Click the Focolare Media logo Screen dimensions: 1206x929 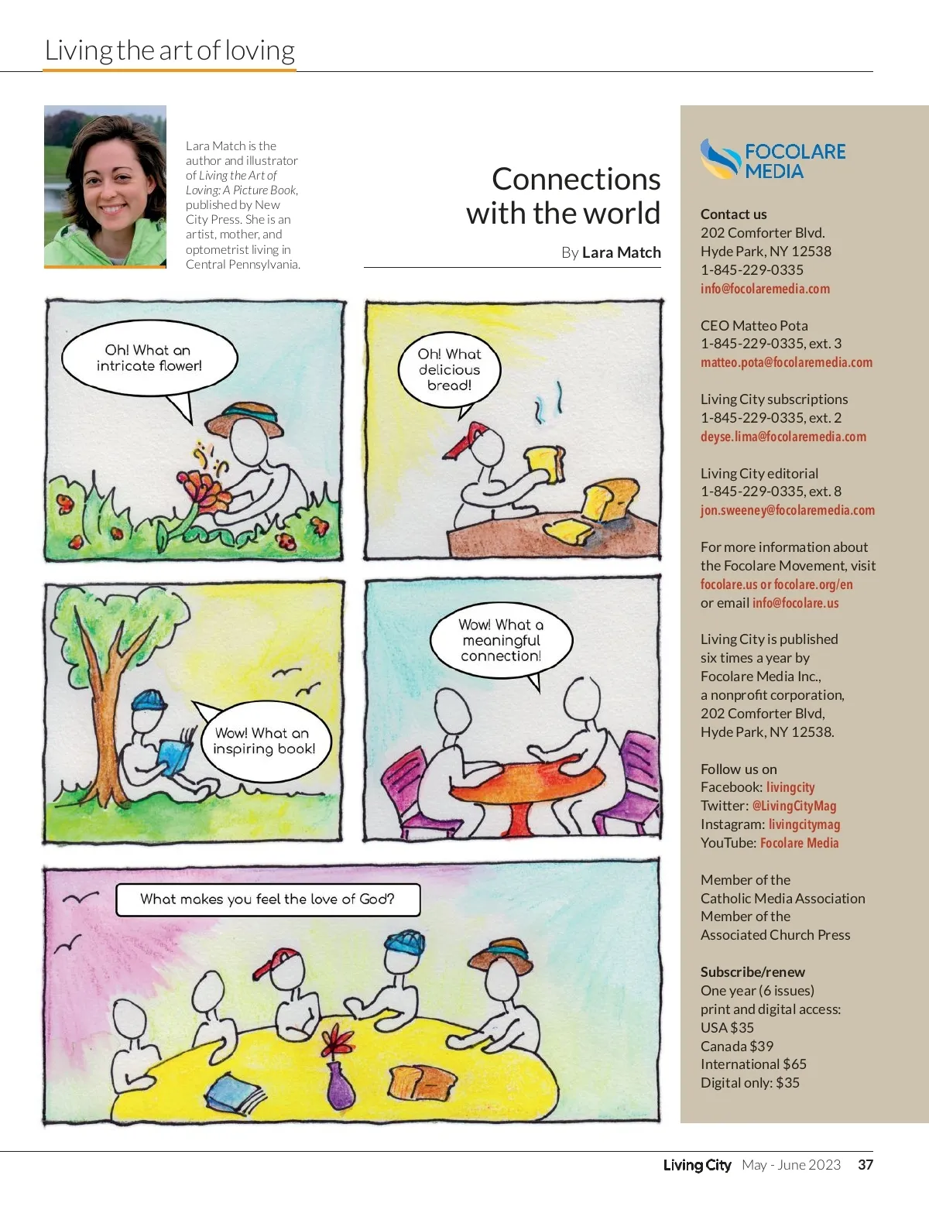773,159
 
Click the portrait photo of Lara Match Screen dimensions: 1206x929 105,187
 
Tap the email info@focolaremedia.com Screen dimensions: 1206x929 765,289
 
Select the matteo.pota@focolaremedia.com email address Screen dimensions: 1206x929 786,362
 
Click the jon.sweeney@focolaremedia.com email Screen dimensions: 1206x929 787,510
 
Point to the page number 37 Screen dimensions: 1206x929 866,1165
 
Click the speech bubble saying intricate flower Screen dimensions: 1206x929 149,358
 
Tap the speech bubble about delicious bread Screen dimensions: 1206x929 449,370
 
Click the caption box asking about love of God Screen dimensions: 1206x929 268,899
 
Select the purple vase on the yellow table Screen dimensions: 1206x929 339,1084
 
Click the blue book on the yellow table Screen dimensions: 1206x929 236,1091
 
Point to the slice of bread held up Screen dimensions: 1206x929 543,464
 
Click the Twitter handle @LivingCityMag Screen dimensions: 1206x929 794,806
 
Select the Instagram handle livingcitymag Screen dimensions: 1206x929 804,824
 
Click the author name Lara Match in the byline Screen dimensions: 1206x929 621,252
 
